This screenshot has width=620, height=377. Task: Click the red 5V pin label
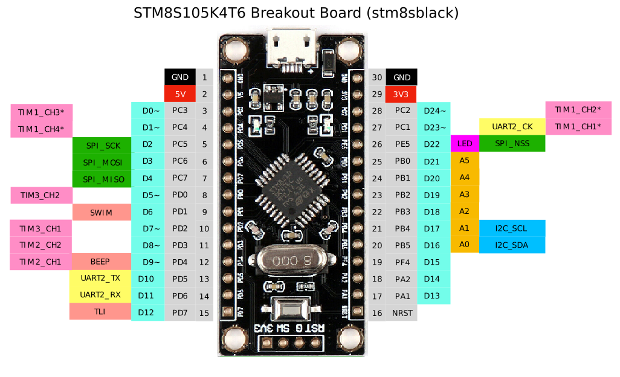coord(180,94)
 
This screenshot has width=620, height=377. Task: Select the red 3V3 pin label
coord(401,94)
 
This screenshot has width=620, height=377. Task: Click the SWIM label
coord(102,212)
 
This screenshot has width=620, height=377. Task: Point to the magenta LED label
coord(464,144)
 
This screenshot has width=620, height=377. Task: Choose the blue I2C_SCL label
coord(511,228)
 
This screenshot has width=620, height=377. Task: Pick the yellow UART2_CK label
coord(512,127)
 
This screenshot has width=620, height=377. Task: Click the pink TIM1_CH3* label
coord(41,112)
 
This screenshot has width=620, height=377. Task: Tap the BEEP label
coord(100,262)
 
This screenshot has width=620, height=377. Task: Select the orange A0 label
coord(464,244)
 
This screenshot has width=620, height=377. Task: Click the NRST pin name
coord(401,312)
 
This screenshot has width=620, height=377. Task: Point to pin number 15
coord(204,312)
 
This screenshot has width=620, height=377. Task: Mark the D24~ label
coord(434,110)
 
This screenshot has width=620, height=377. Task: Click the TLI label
coord(100,312)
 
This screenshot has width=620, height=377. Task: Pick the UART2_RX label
coord(100,295)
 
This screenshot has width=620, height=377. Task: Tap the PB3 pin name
coord(402,211)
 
